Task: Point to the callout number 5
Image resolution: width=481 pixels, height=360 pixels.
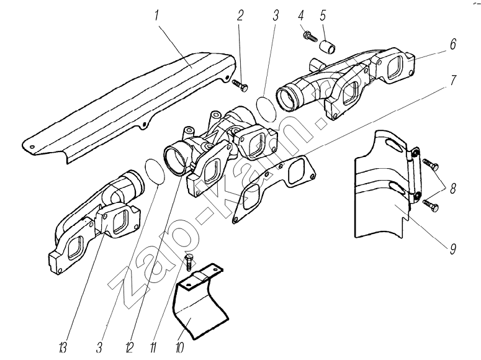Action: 322,15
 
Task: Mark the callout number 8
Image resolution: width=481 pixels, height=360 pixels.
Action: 452,190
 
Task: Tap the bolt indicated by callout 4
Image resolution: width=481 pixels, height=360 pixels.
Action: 307,38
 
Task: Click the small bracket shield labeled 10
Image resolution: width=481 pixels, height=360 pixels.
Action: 200,304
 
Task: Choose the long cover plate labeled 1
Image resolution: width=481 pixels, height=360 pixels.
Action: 124,106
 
